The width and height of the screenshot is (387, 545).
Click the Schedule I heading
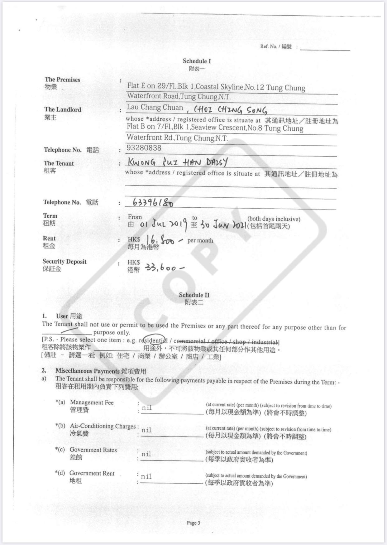[x=197, y=61]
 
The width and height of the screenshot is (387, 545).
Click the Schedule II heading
[x=194, y=295]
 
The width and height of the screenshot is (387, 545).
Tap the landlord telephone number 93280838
[x=144, y=148]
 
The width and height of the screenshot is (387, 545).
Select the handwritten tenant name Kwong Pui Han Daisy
[x=177, y=162]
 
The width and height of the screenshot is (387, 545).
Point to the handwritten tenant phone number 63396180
[x=153, y=203]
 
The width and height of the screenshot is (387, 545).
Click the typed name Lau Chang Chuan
[x=155, y=108]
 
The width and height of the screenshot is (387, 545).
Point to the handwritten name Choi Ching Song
[x=231, y=110]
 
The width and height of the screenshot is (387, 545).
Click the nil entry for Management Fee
[x=147, y=408]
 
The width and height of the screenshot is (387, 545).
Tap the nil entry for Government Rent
[x=146, y=476]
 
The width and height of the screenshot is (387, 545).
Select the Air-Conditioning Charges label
[x=103, y=426]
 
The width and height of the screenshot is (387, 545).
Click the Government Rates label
[x=93, y=450]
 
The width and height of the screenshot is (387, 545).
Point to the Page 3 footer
[x=193, y=523]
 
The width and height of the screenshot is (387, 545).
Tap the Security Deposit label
[x=64, y=262]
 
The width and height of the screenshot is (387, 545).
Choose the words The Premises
[x=62, y=80]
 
